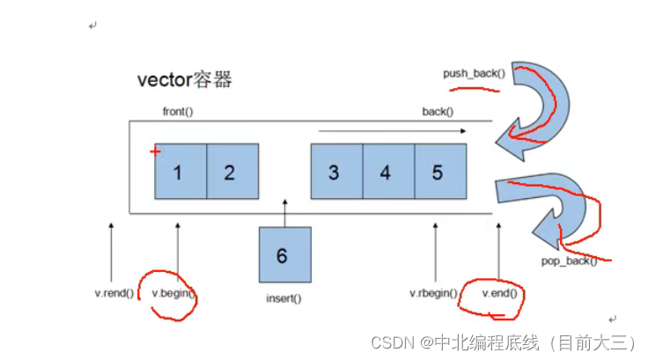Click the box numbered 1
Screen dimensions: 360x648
point(180,172)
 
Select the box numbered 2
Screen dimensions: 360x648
point(232,172)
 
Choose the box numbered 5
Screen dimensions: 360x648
point(438,172)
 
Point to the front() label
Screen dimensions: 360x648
point(178,113)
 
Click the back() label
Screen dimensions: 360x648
point(438,112)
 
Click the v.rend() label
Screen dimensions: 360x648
point(114,293)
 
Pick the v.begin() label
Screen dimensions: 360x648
point(173,293)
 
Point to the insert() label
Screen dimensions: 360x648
point(283,298)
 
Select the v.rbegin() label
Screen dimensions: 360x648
point(433,293)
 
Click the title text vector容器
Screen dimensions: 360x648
point(184,80)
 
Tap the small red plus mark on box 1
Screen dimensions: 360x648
point(156,152)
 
